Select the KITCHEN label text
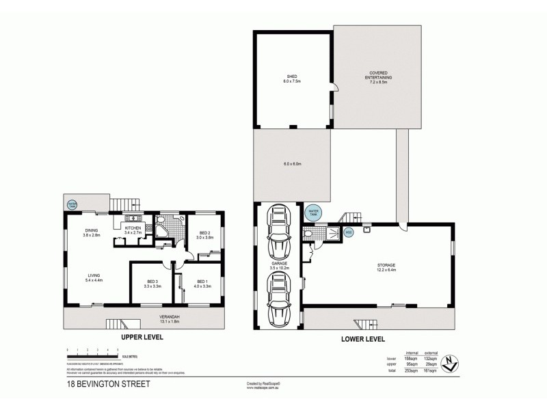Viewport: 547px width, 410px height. point(133,229)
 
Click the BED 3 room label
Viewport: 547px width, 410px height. point(152,282)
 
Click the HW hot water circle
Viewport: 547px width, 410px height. point(348,233)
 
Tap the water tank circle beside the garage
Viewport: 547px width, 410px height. point(312,213)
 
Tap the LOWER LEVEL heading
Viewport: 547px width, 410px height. point(362,338)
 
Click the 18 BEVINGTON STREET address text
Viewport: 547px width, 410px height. point(105,384)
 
